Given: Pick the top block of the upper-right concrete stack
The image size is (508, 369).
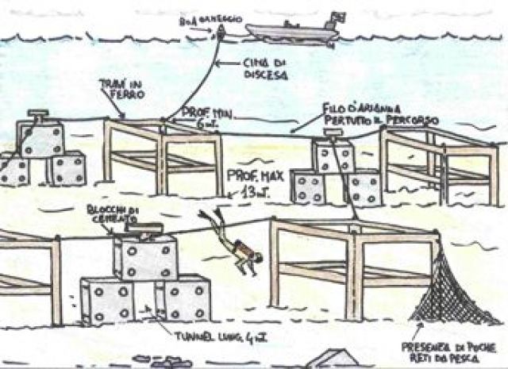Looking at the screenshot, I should click(x=333, y=157).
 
